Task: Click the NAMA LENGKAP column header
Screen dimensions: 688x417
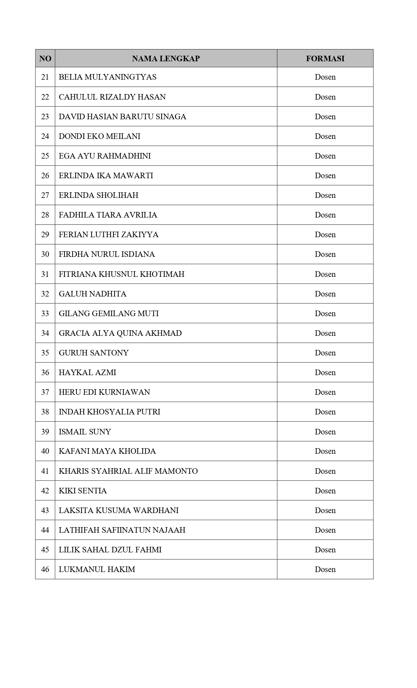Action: coord(166,59)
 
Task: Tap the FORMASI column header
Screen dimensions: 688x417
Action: coord(325,59)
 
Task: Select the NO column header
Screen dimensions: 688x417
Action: coord(45,59)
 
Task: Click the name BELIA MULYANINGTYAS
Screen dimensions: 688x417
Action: coord(108,77)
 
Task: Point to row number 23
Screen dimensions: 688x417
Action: coord(45,117)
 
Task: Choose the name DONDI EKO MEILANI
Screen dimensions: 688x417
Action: coord(99,136)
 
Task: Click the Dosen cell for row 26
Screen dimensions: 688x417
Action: coord(325,176)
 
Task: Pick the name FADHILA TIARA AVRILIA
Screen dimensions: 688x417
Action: coord(108,215)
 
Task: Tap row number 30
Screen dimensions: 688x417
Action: coord(45,254)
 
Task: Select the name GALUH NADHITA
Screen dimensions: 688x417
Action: coord(93,294)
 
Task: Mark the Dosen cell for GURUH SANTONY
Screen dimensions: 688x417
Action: coord(325,353)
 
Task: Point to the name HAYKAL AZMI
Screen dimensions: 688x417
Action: coord(87,373)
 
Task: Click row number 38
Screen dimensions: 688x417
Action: coord(45,412)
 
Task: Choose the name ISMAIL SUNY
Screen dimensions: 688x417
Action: coord(85,432)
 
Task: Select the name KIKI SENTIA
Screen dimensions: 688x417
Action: coord(83,491)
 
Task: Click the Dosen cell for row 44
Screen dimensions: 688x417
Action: coord(325,530)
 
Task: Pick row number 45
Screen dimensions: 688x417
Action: coord(45,550)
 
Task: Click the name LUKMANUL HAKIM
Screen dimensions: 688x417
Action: coord(97,569)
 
